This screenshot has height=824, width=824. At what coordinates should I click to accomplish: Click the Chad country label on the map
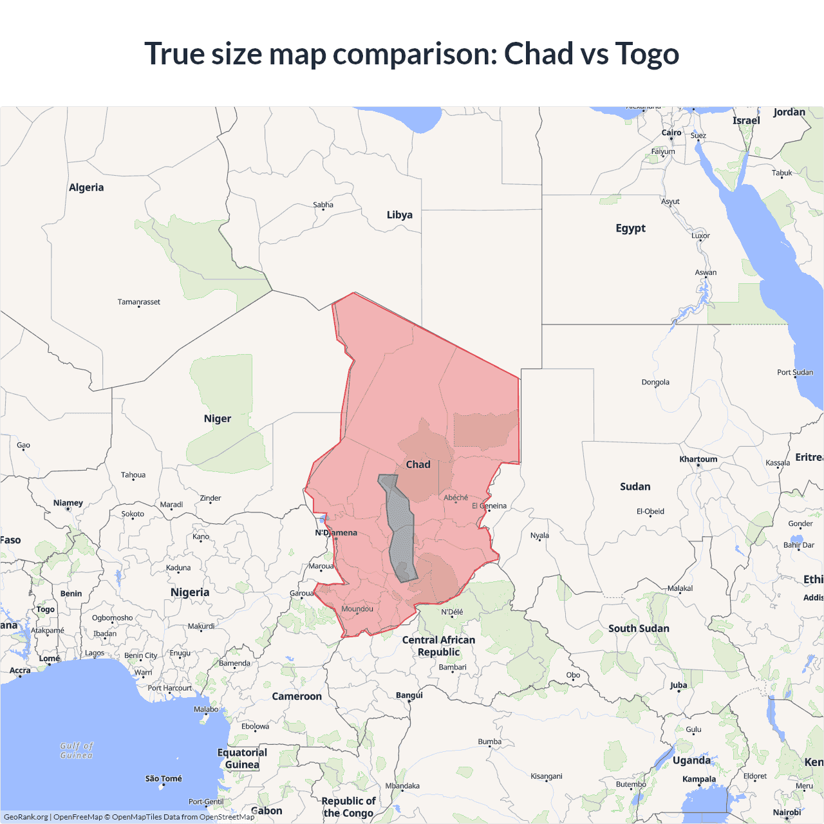click(418, 464)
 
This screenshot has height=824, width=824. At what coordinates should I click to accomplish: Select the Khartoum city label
click(698, 459)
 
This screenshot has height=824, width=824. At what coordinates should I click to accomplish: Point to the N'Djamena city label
click(336, 532)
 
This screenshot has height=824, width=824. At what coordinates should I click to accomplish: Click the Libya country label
click(399, 215)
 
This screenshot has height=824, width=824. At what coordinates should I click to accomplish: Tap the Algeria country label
click(86, 187)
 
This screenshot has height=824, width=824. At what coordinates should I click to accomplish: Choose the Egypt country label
click(630, 228)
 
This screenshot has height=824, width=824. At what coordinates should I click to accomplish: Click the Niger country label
click(217, 418)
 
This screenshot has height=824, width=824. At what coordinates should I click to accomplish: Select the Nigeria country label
click(190, 592)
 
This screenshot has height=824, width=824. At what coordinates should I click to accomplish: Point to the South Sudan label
click(639, 628)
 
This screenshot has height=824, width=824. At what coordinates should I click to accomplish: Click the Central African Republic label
click(438, 646)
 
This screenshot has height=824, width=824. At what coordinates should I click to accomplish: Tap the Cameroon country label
click(297, 696)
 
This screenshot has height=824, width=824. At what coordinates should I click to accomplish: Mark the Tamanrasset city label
click(139, 302)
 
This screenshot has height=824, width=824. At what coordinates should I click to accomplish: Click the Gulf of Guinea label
click(77, 751)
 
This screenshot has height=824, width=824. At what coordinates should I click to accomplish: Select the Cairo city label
click(671, 133)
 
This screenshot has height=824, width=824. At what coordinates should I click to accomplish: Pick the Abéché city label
click(456, 498)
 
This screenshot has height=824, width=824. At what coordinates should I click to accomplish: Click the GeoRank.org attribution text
click(26, 817)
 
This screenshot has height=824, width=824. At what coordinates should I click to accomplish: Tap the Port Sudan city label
click(795, 372)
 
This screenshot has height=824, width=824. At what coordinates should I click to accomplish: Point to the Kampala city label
click(698, 779)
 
